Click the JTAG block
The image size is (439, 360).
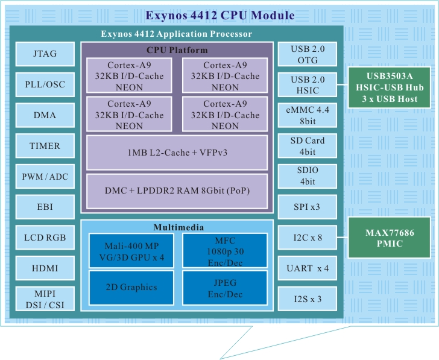pyautogui.click(x=45, y=54)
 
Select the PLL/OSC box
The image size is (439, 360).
pyautogui.click(x=45, y=84)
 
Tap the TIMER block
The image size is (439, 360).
pyautogui.click(x=45, y=145)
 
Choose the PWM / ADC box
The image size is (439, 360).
pyautogui.click(x=45, y=176)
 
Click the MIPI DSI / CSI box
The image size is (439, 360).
pyautogui.click(x=45, y=298)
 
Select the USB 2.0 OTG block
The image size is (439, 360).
pyautogui.click(x=308, y=54)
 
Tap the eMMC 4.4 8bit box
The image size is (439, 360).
pyautogui.click(x=308, y=115)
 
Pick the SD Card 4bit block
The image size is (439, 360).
pyautogui.click(x=308, y=145)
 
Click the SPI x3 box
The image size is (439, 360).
pyautogui.click(x=308, y=207)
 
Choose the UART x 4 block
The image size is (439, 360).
pyautogui.click(x=308, y=268)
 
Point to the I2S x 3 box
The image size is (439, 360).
pyautogui.click(x=308, y=298)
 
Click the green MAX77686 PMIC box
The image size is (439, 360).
pyautogui.click(x=390, y=238)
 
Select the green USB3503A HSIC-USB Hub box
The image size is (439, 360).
pyautogui.click(x=390, y=87)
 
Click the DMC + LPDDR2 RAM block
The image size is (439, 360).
pyautogui.click(x=177, y=191)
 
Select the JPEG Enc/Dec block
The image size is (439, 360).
pyautogui.click(x=224, y=288)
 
